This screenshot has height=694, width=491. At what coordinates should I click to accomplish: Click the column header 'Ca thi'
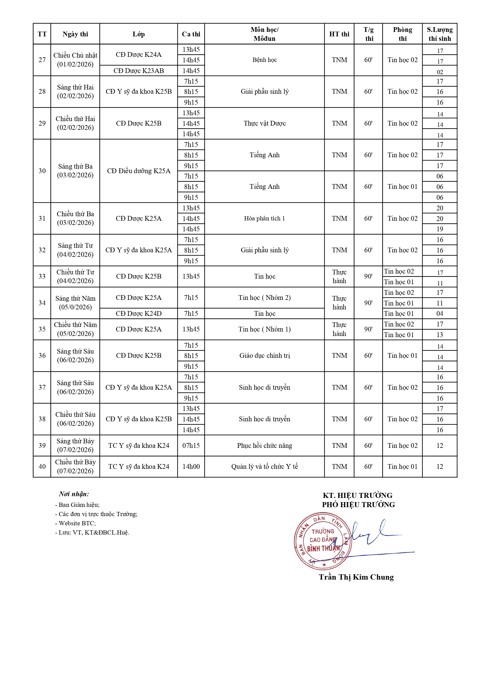pos(191,34)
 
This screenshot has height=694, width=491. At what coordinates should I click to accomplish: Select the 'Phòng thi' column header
pos(402,34)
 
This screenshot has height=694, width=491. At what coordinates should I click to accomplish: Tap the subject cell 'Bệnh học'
pos(265,60)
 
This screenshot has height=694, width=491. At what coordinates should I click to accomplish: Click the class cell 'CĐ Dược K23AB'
pos(138,71)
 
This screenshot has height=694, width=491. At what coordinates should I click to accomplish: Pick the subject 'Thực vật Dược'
pos(265,123)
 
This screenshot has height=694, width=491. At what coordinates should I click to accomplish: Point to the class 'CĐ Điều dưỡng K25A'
pos(138,171)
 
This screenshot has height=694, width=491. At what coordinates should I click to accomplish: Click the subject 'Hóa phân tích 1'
pos(265,218)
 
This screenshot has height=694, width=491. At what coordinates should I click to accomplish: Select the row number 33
pos(42,276)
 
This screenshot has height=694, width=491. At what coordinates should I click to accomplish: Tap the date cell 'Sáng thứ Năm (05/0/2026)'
pos(75,303)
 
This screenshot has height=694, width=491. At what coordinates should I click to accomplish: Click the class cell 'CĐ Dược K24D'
pos(138,314)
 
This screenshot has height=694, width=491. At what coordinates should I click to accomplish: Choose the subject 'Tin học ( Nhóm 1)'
pos(265,329)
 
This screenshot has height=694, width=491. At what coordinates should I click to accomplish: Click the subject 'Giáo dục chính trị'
pos(265,356)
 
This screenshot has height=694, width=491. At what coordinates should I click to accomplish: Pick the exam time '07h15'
pos(191,445)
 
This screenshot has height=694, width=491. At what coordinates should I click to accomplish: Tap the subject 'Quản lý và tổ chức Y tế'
pos(265,466)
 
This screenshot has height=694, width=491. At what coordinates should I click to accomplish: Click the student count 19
pos(440,229)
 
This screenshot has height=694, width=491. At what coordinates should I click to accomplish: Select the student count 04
pos(440,314)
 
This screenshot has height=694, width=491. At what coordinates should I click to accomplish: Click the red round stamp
pos(323,541)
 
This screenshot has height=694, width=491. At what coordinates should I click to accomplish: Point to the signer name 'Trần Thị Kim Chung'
pos(356,577)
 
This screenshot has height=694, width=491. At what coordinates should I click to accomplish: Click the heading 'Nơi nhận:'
pos(74,494)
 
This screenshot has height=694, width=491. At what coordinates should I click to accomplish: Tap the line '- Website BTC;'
pos(75,523)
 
